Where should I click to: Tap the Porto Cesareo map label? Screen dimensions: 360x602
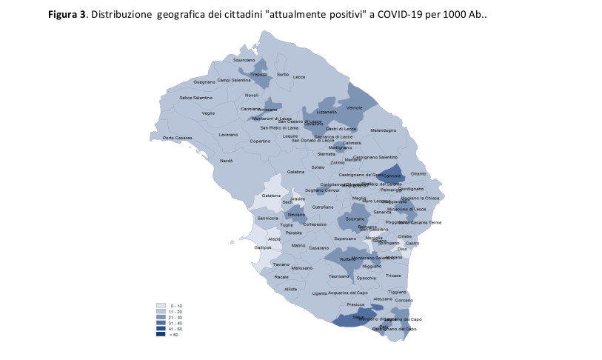(178, 138)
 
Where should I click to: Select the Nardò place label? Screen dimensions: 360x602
(227, 161)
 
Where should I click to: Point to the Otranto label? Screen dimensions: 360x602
(418, 173)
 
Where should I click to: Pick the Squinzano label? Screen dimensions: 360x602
(244, 60)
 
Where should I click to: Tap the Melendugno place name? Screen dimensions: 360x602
(384, 130)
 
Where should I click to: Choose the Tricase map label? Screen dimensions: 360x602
(393, 276)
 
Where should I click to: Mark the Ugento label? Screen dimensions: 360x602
(320, 293)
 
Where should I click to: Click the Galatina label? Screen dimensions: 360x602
(296, 172)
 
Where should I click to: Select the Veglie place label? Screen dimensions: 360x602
(208, 113)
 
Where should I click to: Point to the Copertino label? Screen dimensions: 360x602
(260, 141)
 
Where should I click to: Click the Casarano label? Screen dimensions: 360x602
(319, 247)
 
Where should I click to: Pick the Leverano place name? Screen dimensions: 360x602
(228, 135)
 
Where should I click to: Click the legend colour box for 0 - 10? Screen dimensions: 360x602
(160, 306)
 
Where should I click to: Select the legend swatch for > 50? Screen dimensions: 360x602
(160, 335)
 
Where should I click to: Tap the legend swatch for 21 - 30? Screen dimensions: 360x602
(160, 318)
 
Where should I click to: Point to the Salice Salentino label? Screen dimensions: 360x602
(196, 98)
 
